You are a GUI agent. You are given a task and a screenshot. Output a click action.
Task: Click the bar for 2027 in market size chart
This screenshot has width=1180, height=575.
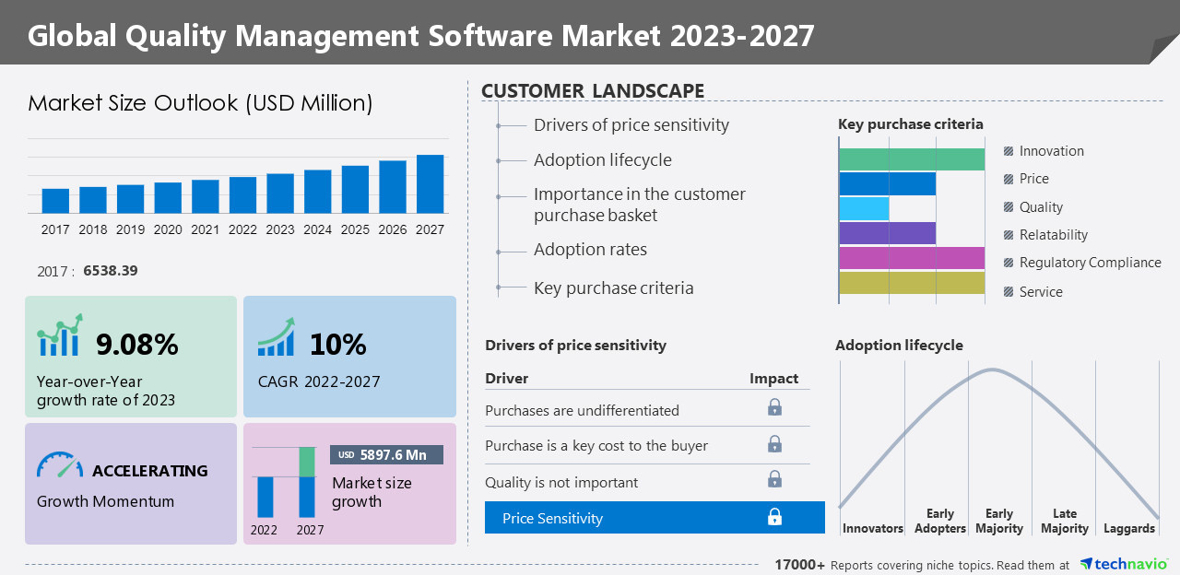[430, 184]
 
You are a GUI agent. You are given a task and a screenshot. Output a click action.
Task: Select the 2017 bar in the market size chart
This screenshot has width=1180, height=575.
[55, 201]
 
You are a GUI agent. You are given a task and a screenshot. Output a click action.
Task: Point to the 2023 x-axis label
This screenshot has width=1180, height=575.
[280, 229]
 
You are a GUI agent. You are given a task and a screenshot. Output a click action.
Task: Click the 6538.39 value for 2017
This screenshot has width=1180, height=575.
[111, 271]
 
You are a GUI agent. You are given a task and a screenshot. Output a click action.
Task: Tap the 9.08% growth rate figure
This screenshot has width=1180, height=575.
[137, 345]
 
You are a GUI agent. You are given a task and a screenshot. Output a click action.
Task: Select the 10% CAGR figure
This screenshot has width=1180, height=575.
[337, 345]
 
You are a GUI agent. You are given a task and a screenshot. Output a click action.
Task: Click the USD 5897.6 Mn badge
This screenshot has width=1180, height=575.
[386, 454]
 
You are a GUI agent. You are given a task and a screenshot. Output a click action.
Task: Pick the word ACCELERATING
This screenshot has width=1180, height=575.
[149, 471]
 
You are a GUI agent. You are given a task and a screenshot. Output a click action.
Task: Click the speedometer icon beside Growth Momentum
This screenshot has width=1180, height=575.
[60, 464]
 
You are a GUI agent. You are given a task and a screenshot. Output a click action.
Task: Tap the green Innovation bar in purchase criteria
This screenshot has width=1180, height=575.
[912, 159]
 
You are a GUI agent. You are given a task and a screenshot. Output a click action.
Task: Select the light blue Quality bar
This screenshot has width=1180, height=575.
[864, 208]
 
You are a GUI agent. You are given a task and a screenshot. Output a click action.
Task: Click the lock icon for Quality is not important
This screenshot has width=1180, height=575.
[774, 479]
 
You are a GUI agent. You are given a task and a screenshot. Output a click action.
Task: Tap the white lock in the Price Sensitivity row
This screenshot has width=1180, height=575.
[774, 517]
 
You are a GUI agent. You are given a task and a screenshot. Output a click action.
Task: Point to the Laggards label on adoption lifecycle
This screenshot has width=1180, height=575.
[1128, 528]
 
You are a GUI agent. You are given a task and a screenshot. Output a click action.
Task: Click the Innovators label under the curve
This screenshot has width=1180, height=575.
[872, 528]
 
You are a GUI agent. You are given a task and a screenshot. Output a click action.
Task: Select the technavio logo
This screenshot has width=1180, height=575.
[1123, 564]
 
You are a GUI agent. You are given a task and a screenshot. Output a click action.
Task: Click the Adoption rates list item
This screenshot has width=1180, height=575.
[590, 250]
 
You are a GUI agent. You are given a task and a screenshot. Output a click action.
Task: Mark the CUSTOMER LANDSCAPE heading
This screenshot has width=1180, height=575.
[593, 90]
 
